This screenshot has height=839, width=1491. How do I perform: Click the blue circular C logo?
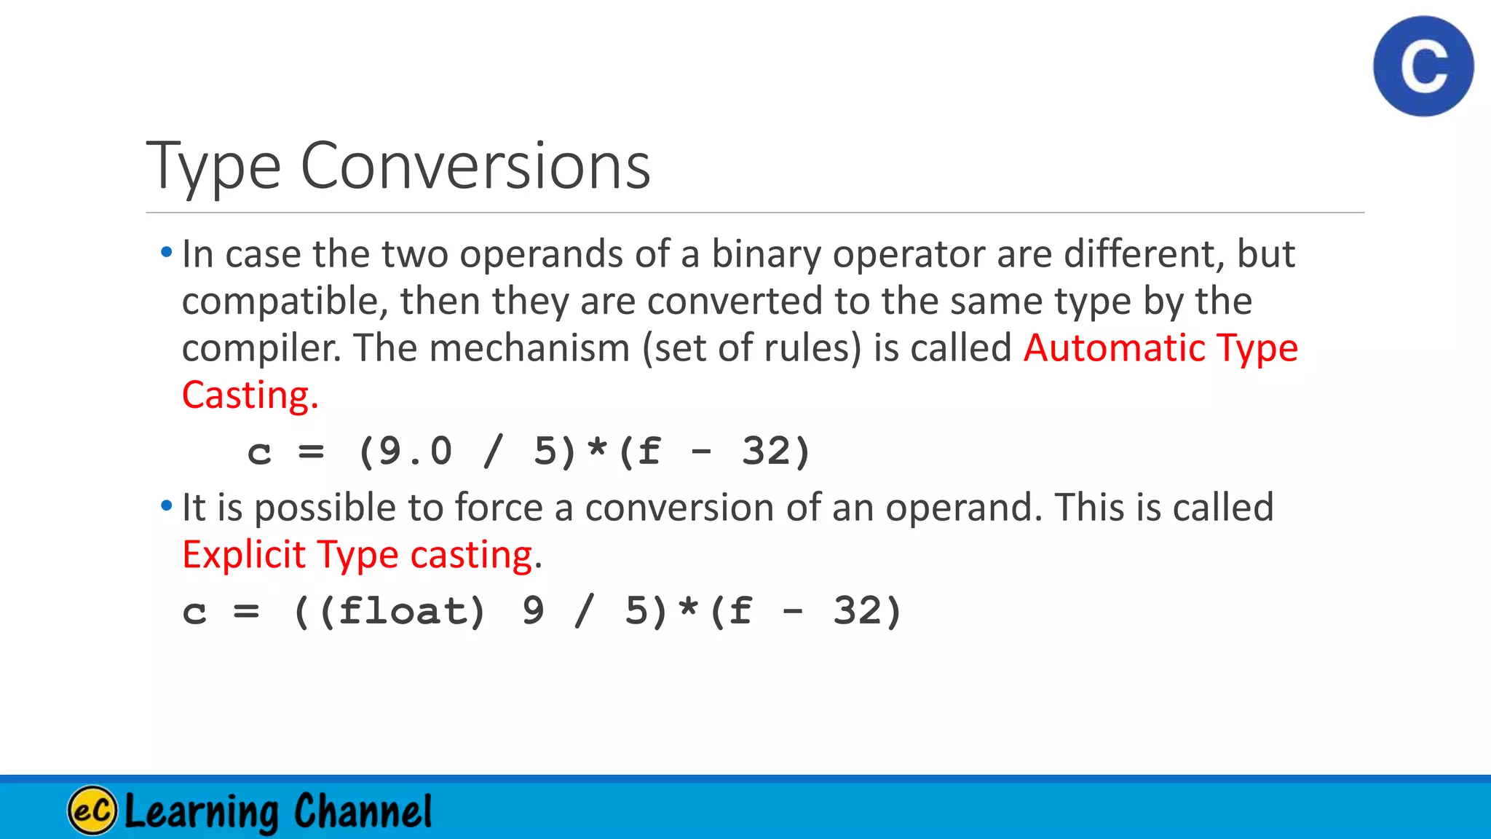pos(1423,66)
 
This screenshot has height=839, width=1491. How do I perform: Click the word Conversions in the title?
pos(475,166)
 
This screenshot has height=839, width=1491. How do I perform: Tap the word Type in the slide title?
pos(213,168)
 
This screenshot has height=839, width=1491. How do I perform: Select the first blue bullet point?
pos(167,253)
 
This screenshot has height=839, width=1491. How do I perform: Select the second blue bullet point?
pos(167,505)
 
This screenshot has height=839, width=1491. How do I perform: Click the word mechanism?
pos(529,348)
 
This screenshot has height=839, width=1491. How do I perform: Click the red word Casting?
pos(250,395)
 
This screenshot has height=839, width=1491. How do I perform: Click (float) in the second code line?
pos(402,611)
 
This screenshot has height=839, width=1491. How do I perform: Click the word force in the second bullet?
pos(499,508)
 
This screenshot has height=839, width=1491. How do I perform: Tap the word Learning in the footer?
pos(202,811)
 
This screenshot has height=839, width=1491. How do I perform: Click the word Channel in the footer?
pos(363,811)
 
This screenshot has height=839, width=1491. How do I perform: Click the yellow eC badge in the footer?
pos(92,811)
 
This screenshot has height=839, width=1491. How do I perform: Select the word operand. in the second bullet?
pos(964,508)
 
